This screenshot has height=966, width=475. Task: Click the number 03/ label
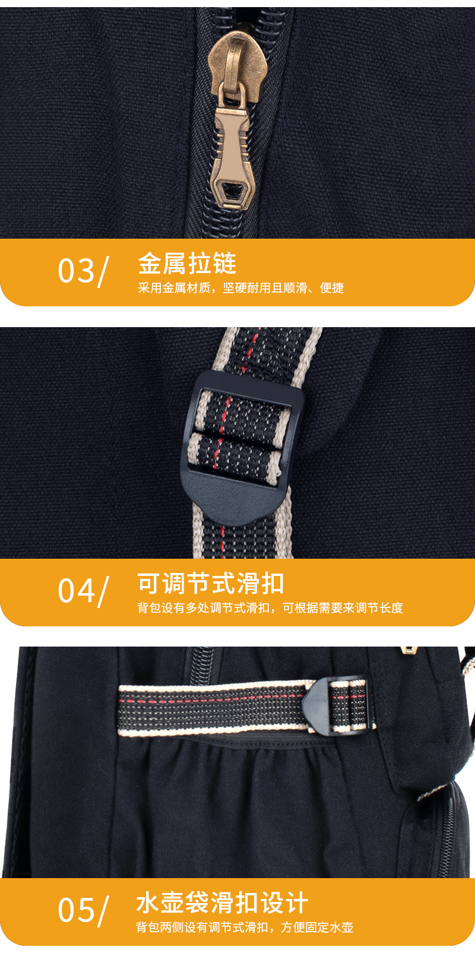[83, 271]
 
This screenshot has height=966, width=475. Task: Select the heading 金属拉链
[187, 264]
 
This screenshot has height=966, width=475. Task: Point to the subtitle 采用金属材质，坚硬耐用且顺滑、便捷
[240, 287]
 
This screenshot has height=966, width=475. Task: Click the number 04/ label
[83, 591]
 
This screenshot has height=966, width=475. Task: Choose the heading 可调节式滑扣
[211, 584]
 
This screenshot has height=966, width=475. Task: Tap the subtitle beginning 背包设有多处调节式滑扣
[270, 607]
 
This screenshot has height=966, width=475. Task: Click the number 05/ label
[83, 910]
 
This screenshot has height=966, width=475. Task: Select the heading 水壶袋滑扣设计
[222, 903]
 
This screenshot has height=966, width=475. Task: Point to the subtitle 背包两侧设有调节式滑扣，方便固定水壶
[245, 927]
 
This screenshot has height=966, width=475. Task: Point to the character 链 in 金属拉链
[225, 264]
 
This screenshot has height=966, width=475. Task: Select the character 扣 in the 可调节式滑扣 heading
[272, 584]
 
